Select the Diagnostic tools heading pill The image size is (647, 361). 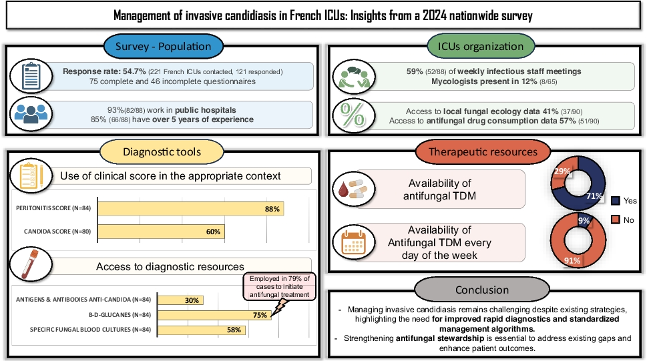tap(163, 151)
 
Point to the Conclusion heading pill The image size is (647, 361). tap(481, 290)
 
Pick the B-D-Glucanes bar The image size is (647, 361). tap(215, 315)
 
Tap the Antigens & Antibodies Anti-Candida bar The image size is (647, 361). tap(181, 300)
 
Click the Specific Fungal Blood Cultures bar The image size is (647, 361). tap(202, 330)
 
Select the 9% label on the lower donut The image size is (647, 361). tap(584, 221)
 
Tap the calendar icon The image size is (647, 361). tap(354, 243)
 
